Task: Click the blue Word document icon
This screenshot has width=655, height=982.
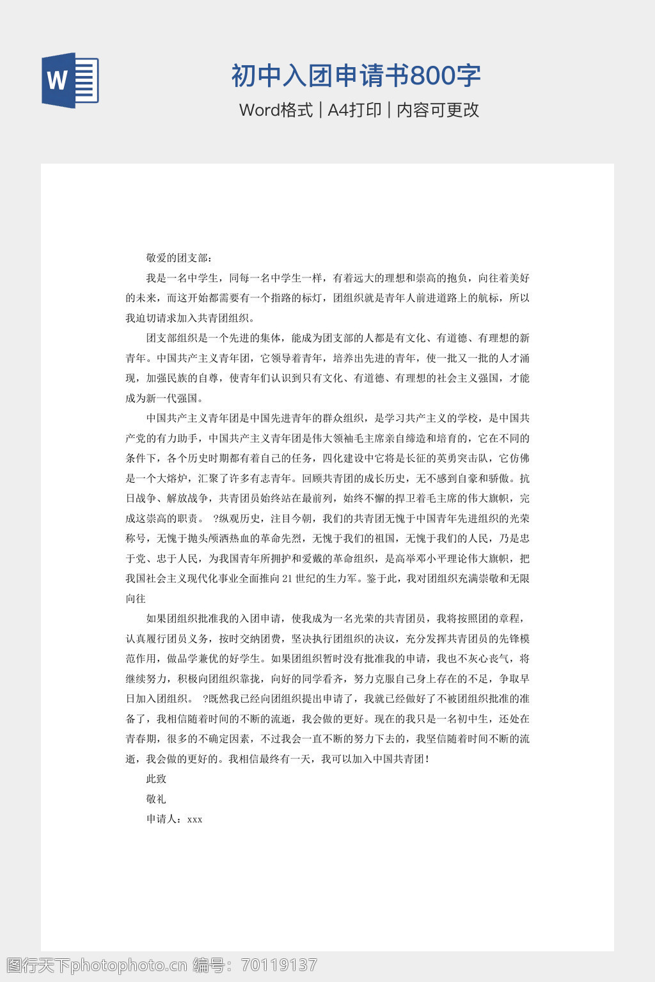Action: click(70, 81)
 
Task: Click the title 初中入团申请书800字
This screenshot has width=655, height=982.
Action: click(356, 75)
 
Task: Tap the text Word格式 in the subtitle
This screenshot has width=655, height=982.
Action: click(276, 110)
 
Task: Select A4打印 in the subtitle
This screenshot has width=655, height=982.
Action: click(354, 110)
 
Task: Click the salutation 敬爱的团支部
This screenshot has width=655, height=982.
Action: click(177, 258)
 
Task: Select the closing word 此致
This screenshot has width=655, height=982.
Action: click(157, 779)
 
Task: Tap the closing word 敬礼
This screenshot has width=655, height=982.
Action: click(157, 799)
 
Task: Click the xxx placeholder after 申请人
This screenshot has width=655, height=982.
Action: click(195, 820)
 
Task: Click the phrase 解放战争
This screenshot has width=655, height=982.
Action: click(188, 498)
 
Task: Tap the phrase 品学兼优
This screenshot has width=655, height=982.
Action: click(209, 659)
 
